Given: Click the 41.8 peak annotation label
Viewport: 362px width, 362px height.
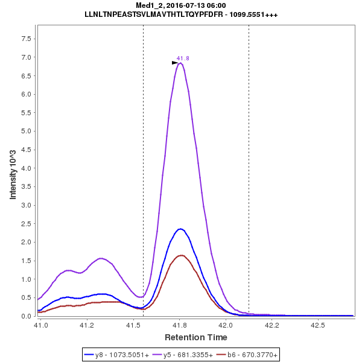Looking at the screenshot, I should click(183, 59).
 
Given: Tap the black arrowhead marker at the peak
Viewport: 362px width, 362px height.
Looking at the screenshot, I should click(175, 63).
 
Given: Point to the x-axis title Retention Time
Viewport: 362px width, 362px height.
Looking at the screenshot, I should click(196, 337).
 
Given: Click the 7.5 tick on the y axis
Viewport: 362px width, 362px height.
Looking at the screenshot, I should click(26, 39).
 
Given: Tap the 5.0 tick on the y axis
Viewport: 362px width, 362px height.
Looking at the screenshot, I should click(26, 131).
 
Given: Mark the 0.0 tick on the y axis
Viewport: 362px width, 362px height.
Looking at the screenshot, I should click(26, 316).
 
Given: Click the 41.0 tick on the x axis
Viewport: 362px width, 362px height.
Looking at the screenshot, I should click(41, 325).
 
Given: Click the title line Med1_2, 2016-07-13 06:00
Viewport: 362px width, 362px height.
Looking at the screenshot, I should click(181, 5).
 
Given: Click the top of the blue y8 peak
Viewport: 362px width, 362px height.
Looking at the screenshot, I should click(180, 229).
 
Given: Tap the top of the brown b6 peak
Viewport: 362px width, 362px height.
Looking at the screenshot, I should click(180, 255).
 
